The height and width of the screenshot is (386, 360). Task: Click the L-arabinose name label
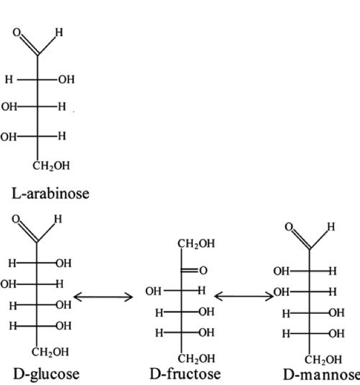[x=51, y=193]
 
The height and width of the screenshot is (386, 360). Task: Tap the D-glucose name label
[x=44, y=373]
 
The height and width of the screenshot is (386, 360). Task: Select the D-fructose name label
[x=185, y=373]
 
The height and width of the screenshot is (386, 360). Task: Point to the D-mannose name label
[x=324, y=374]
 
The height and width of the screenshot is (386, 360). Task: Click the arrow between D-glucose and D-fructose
[x=104, y=297]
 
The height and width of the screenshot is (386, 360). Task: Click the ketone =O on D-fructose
[x=202, y=270]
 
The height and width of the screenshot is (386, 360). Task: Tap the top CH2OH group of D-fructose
[x=196, y=243]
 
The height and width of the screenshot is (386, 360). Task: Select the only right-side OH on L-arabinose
[x=66, y=80]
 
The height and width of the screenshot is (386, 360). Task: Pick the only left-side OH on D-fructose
[x=153, y=291]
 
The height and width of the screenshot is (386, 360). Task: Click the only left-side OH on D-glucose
[x=8, y=284]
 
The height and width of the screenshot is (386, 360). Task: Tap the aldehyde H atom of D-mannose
[x=331, y=227]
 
